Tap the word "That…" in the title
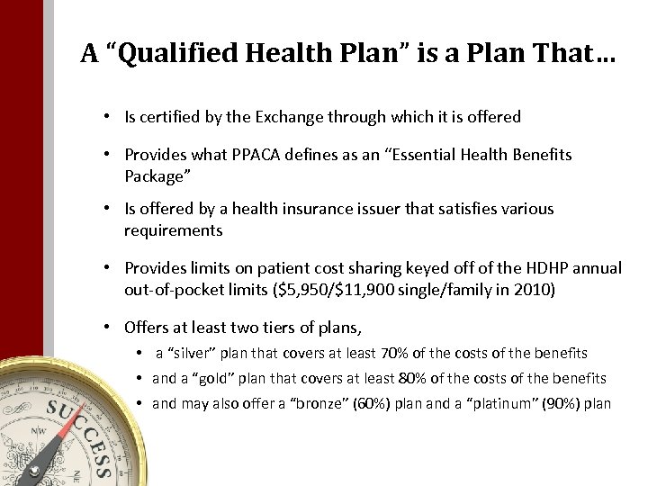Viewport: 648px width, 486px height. [576, 55]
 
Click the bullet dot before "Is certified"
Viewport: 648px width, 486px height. [106, 117]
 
